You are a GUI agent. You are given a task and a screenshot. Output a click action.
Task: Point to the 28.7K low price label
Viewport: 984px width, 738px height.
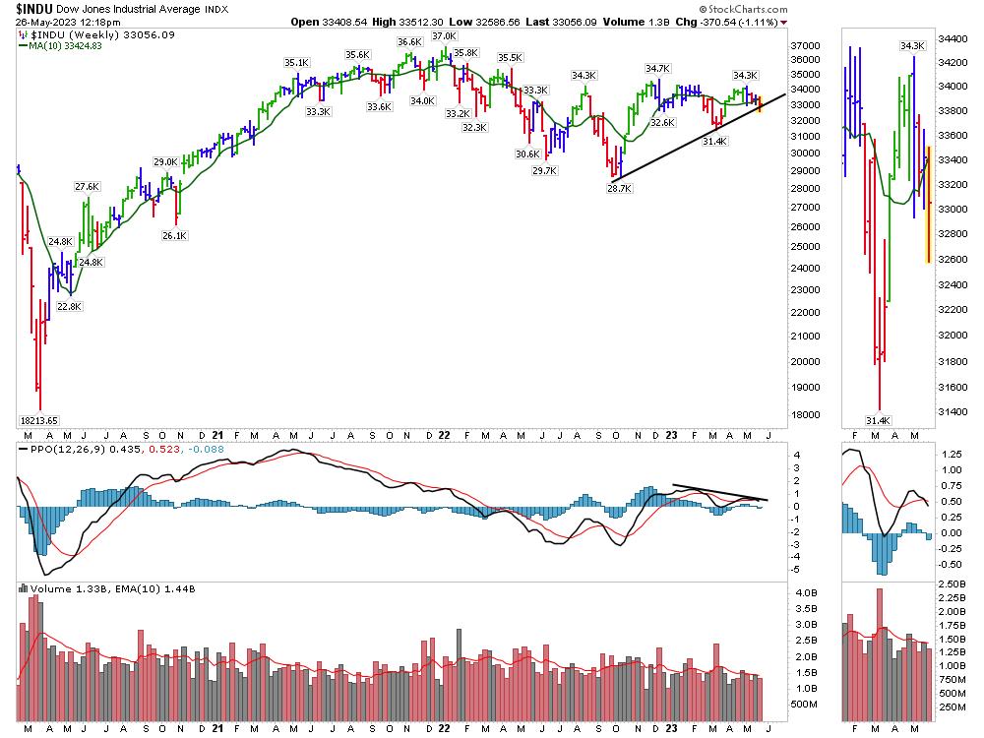[619, 187]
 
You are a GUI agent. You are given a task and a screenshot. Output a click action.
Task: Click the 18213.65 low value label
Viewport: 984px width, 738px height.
[40, 419]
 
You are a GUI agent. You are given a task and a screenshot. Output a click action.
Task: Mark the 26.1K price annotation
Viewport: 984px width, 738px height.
[174, 235]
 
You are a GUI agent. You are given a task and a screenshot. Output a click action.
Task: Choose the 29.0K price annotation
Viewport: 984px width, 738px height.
[165, 161]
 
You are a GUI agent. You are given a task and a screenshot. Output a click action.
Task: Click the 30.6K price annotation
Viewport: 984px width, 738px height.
[528, 154]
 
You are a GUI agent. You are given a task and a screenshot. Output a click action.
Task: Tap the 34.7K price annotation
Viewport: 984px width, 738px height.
[657, 68]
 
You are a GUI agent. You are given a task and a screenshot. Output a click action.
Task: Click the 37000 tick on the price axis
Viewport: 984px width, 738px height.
[806, 46]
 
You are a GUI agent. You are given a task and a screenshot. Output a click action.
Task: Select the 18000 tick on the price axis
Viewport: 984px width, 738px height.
[806, 414]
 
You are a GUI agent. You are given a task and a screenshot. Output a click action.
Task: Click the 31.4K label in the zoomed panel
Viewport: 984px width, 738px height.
[880, 420]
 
